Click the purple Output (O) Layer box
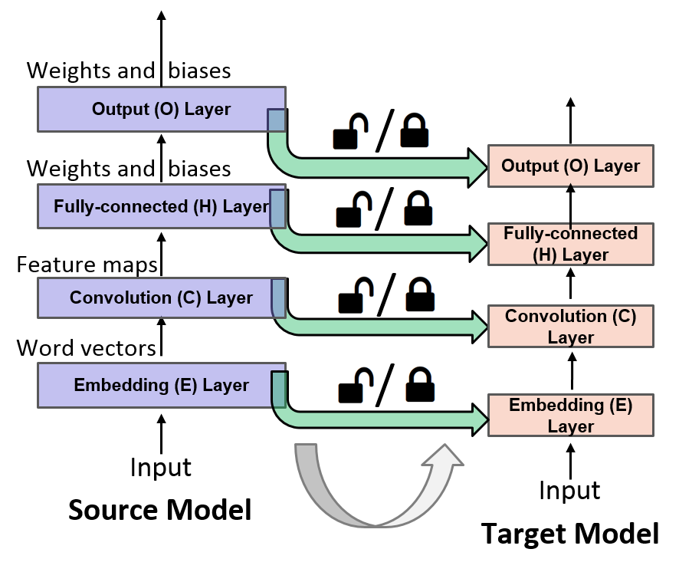point(161,109)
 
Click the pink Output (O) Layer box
point(570,166)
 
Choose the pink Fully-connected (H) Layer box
point(570,244)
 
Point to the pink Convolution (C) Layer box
point(570,326)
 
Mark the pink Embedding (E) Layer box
point(570,415)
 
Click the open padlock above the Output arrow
point(350,131)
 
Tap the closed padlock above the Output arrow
point(415,130)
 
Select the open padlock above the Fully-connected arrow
point(353,209)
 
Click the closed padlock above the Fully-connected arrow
point(418,207)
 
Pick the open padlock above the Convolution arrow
point(356,295)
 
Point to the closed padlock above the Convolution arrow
point(421,293)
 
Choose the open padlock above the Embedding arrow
point(356,385)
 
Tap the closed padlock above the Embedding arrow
point(421,383)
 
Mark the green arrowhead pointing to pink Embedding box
point(480,419)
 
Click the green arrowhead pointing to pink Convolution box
point(479,327)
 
